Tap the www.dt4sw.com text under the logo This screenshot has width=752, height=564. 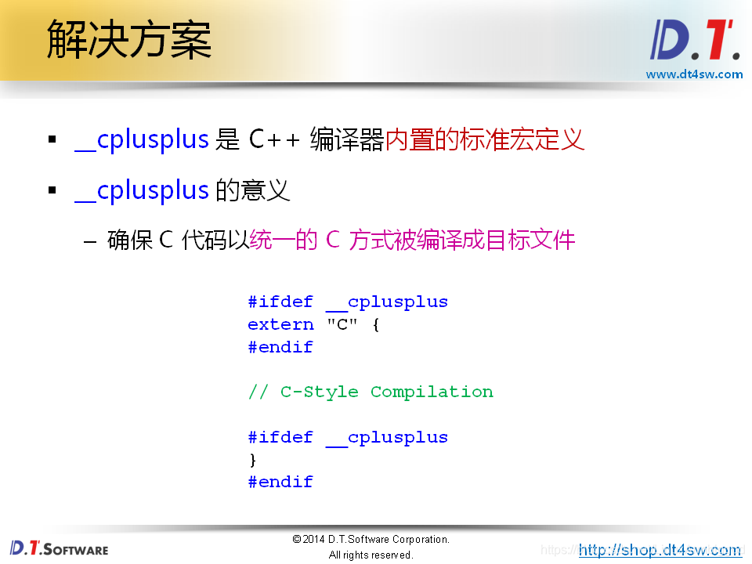pos(693,74)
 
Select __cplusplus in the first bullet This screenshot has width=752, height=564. pos(142,139)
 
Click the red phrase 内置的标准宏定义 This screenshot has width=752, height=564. pos(485,139)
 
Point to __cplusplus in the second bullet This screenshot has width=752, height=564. pos(142,190)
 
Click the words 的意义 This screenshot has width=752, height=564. pos(252,190)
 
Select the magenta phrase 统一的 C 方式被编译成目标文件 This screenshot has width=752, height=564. pos(412,240)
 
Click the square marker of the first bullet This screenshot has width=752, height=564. pos(52,140)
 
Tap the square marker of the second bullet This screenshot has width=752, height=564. pos(52,191)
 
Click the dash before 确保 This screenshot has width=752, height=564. pos(90,240)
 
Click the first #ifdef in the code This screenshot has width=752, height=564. pos(280,302)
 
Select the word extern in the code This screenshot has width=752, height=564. pos(280,324)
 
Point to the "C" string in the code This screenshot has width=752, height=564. pos(342,324)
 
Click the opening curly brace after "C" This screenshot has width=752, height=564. pos(376,324)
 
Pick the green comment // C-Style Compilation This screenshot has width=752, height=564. pos(371,392)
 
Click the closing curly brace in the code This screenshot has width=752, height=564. pos(252,459)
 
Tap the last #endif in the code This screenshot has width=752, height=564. pos(280,482)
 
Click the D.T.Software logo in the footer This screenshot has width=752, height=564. pos(59,548)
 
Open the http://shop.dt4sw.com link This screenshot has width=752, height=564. pos(660,550)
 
